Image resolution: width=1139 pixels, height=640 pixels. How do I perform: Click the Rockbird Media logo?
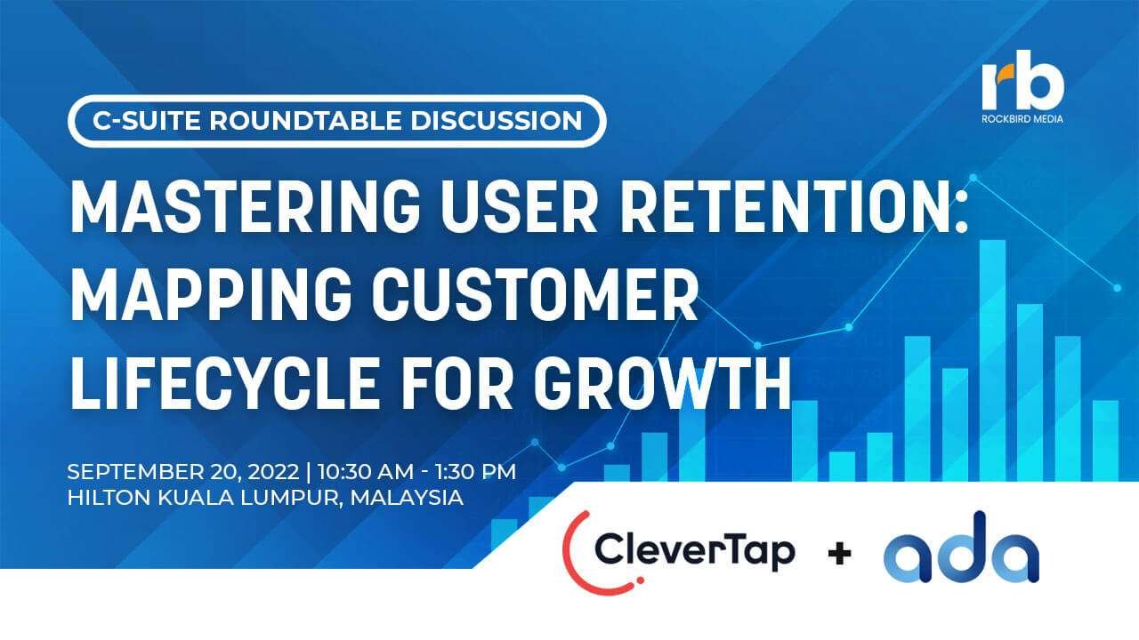1022,86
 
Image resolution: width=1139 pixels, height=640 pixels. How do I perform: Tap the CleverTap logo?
679,552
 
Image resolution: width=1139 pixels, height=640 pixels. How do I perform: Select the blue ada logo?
961,548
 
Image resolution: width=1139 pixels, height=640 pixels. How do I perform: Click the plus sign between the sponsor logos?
839,553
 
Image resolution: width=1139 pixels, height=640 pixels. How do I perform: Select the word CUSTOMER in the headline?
535,296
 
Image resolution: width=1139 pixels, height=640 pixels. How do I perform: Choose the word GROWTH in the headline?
661,383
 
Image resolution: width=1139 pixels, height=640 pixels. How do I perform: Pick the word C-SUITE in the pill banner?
147,121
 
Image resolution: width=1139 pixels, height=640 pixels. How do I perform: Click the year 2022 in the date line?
273,472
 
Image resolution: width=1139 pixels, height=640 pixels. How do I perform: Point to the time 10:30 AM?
366,472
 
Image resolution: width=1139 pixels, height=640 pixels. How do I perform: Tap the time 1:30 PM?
475,472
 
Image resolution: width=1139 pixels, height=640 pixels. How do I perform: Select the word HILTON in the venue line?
109,498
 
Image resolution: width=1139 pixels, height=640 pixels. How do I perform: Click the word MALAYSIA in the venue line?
407,498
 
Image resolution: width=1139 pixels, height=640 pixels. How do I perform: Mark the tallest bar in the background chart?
992,360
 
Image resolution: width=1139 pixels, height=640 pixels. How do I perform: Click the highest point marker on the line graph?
973,177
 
